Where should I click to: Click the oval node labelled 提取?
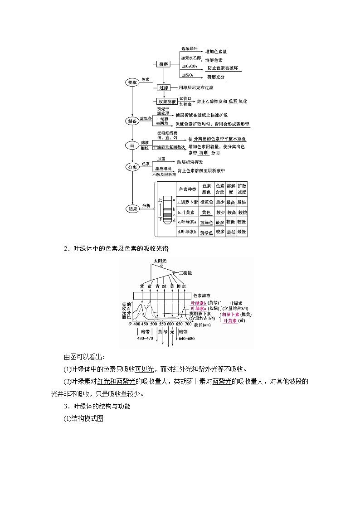tap(132, 82)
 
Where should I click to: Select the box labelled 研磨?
tap(163, 64)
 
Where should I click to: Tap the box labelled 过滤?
tap(163, 87)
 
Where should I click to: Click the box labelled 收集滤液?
tap(166, 101)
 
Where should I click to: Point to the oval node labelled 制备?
tap(132, 121)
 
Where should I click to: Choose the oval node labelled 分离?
tap(132, 167)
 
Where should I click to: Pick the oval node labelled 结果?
tap(132, 208)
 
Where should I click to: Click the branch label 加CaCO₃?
tap(190, 66)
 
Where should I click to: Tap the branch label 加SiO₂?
tap(188, 74)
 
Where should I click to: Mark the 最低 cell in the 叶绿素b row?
tap(231, 232)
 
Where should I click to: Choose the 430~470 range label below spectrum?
tap(145, 339)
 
